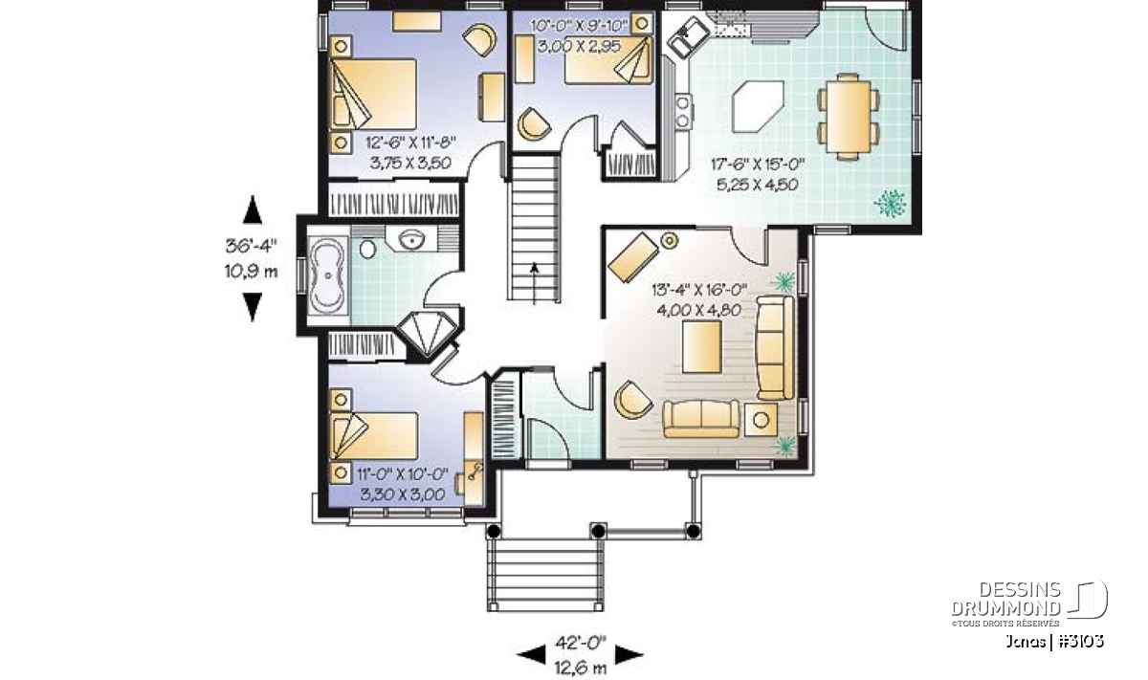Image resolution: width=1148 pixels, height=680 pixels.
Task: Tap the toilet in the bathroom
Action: tap(368, 249)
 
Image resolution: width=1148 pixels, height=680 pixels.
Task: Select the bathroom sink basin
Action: tap(411, 239)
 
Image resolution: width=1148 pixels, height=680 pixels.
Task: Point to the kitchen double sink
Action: tap(688, 36)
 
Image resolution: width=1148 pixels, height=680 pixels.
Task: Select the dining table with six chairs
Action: tap(849, 117)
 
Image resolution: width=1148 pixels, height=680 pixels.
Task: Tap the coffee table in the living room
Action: tap(701, 346)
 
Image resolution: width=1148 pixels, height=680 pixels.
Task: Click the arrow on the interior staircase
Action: tap(535, 283)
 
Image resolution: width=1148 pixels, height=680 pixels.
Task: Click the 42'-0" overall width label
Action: tap(580, 643)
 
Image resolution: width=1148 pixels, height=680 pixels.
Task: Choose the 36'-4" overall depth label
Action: tap(251, 246)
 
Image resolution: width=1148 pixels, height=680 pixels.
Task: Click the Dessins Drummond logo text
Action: tap(1005, 599)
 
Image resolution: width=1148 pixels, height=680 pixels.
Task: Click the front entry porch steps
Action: tap(545, 575)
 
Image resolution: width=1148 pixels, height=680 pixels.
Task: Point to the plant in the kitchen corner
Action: tap(891, 204)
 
